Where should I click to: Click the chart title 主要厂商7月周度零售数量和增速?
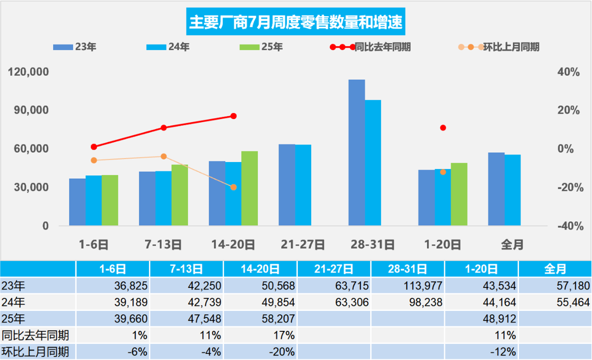(296, 22)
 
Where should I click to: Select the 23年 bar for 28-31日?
(357, 153)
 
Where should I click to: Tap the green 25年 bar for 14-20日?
(250, 188)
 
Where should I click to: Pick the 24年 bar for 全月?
(512, 190)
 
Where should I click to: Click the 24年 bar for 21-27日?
(303, 185)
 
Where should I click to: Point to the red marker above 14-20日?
(234, 116)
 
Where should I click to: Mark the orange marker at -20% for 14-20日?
(234, 187)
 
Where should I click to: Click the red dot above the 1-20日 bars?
(443, 128)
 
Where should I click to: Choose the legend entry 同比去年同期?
(370, 47)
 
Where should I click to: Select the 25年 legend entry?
(261, 47)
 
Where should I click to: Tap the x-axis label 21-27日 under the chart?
(303, 244)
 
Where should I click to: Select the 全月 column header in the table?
(555, 269)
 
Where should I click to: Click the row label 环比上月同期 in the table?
(36, 352)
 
